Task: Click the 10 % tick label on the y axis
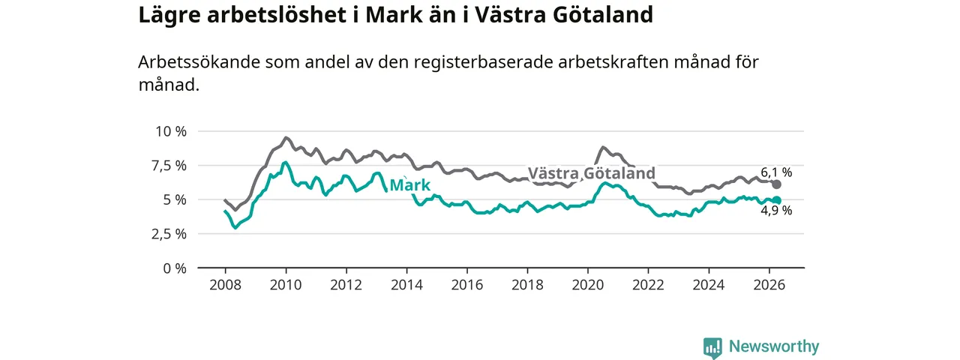tap(171, 131)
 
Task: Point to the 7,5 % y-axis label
tap(169, 166)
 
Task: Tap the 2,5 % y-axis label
tap(169, 235)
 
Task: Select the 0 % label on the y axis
tap(175, 268)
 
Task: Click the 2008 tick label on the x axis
tap(226, 285)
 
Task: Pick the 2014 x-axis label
tap(406, 285)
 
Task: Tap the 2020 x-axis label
tap(588, 285)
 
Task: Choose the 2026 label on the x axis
tap(769, 285)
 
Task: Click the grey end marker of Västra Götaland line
tap(776, 184)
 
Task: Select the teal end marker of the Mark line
tap(776, 200)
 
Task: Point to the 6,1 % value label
tap(776, 172)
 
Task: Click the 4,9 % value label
tap(776, 211)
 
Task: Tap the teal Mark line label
tap(409, 185)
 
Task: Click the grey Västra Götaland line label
tap(592, 173)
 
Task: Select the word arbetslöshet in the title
tap(277, 14)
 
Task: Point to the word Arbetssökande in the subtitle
tap(199, 62)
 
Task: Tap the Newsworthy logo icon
tap(712, 347)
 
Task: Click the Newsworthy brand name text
tap(774, 346)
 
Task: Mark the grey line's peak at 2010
tap(286, 137)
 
